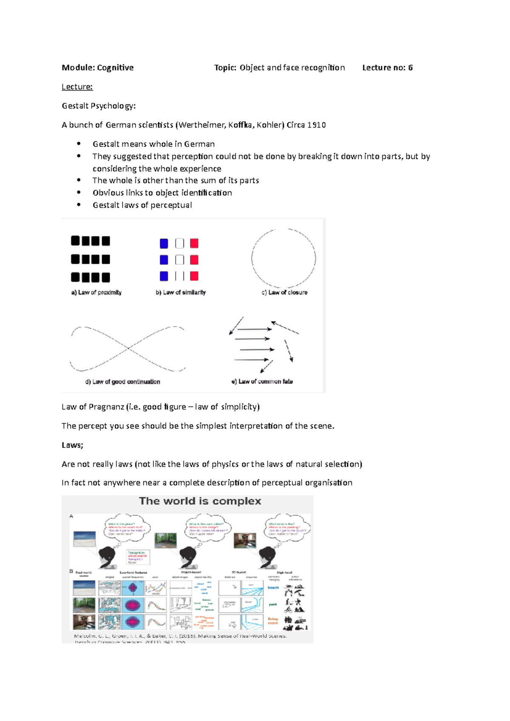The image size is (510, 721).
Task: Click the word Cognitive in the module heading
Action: [x=115, y=68]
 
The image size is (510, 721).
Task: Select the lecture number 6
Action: [x=410, y=68]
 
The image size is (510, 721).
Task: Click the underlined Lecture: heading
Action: [x=77, y=87]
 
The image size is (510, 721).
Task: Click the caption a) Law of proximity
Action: [x=96, y=293]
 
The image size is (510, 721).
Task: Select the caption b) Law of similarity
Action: [x=181, y=293]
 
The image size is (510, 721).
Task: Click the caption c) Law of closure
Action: [x=284, y=293]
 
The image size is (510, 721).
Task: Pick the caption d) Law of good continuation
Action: [x=123, y=382]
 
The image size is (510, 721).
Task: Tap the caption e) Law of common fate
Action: [x=262, y=381]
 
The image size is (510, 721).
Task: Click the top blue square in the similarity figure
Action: [x=164, y=243]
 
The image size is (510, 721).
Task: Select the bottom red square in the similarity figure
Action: [x=194, y=276]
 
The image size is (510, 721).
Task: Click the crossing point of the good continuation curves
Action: [x=128, y=348]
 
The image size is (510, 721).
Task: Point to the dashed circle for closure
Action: [x=252, y=258]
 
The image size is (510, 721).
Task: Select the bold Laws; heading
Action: [x=72, y=445]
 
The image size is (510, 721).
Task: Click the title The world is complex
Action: [x=200, y=501]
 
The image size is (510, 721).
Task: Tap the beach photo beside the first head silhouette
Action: [x=85, y=538]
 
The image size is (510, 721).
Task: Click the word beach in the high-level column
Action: [x=273, y=588]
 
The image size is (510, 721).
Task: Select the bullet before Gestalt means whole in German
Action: [x=79, y=144]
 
